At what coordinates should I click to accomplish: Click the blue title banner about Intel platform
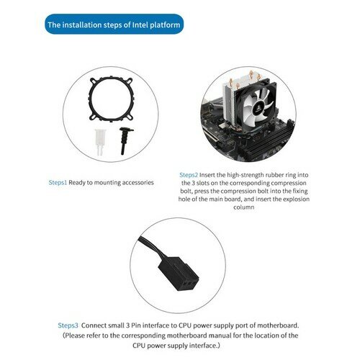click(114, 24)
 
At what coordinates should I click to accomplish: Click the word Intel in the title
click(140, 24)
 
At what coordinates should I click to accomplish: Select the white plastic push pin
click(100, 142)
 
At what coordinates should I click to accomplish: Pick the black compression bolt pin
click(125, 140)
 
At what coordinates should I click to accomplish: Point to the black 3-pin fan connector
click(179, 274)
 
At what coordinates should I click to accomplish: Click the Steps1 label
click(58, 182)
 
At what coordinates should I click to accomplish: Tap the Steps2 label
click(189, 175)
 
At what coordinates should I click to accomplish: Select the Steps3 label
click(68, 325)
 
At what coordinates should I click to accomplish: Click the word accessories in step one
click(138, 183)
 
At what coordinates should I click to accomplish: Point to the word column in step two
click(244, 207)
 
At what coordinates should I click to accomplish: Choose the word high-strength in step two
click(245, 175)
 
